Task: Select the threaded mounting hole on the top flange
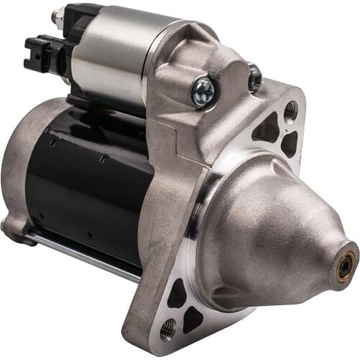click(x=290, y=110)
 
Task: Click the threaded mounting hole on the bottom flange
click(x=167, y=330)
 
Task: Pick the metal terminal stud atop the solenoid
click(x=56, y=16)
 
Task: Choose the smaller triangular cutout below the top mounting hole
click(x=289, y=143)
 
